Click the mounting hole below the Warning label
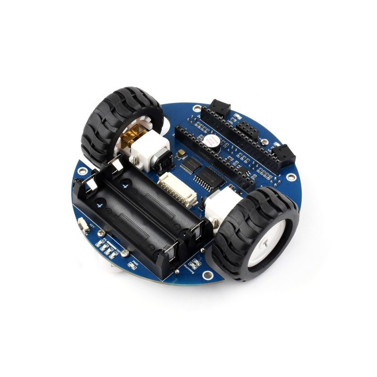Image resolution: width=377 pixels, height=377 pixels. [x=206, y=275]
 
